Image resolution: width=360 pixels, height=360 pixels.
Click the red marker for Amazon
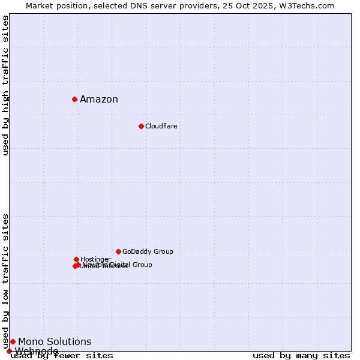pyautogui.click(x=74, y=99)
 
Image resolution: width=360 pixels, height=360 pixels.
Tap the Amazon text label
pyautogui.click(x=99, y=100)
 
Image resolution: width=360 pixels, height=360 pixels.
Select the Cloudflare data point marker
pyautogui.click(x=141, y=126)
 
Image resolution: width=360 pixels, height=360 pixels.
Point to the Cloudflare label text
pyautogui.click(x=161, y=127)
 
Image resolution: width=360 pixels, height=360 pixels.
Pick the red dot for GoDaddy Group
pyautogui.click(x=118, y=251)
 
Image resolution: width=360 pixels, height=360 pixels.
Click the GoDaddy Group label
pyautogui.click(x=148, y=252)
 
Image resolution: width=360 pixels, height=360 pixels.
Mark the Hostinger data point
pyautogui.click(x=76, y=259)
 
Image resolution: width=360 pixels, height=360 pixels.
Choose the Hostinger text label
pyautogui.click(x=95, y=260)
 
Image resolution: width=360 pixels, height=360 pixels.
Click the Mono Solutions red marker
pyautogui.click(x=13, y=341)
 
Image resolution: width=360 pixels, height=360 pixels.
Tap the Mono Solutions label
pyautogui.click(x=55, y=342)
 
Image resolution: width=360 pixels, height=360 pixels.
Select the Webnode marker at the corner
pyautogui.click(x=9, y=351)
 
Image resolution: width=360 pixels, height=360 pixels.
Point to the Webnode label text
pyautogui.click(x=37, y=351)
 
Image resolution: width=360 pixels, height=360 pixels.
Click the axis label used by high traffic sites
pyautogui.click(x=5, y=85)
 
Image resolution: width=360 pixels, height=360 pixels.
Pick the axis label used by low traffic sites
pyautogui.click(x=5, y=281)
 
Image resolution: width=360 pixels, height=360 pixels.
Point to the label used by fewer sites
pyautogui.click(x=62, y=356)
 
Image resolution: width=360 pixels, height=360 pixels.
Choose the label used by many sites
pyautogui.click(x=301, y=356)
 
